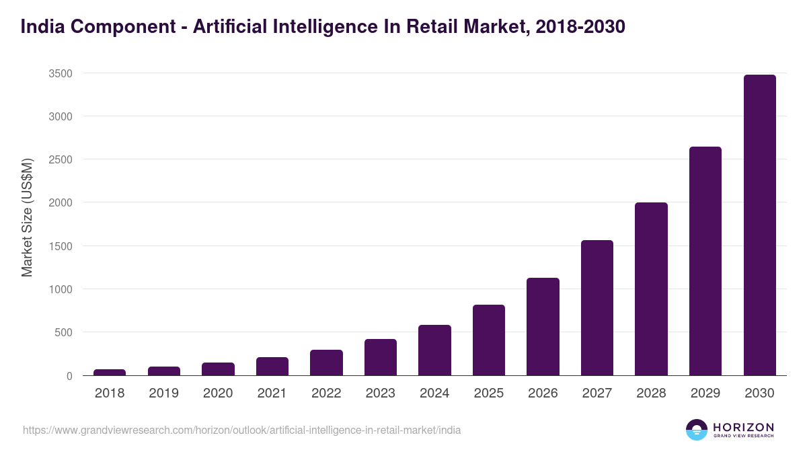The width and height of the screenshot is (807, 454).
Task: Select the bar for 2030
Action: (x=759, y=225)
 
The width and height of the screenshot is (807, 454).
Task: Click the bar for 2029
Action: (x=705, y=261)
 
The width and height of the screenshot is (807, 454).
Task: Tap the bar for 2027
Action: (x=597, y=308)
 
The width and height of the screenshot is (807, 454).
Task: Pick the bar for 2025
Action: (x=489, y=340)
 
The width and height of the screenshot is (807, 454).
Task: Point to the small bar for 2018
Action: (x=110, y=372)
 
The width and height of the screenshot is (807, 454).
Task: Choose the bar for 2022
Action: (x=326, y=363)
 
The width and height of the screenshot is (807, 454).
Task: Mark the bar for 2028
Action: (x=651, y=289)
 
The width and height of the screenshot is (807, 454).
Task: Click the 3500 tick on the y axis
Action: (x=61, y=73)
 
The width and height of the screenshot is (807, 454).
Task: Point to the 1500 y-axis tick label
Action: (x=61, y=246)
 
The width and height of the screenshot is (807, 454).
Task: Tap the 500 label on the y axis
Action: (x=63, y=333)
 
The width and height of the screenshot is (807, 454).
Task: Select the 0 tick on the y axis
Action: (x=69, y=376)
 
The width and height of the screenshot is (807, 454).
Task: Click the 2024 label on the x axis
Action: (x=434, y=393)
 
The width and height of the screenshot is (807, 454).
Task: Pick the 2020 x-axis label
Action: (x=218, y=393)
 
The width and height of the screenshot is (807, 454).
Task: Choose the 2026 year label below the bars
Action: (x=543, y=393)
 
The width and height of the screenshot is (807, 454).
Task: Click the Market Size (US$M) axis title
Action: (x=28, y=217)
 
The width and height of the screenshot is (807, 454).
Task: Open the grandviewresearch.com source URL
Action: (x=241, y=430)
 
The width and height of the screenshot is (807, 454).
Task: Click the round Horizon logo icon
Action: (x=697, y=429)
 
